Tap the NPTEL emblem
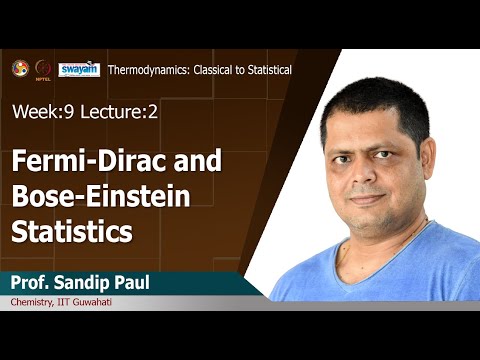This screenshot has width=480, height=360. (x=43, y=69)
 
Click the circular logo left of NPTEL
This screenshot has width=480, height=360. (x=20, y=67)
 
